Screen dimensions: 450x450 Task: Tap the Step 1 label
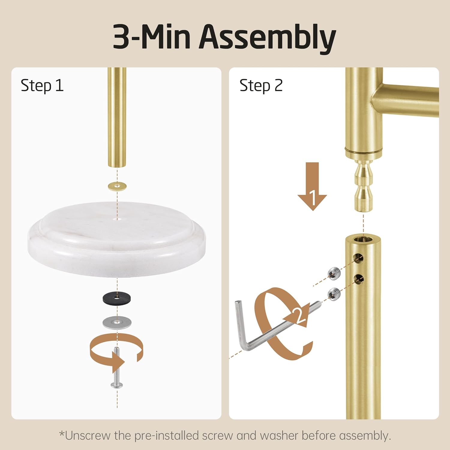coord(42,86)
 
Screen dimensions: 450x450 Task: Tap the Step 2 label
coord(261,86)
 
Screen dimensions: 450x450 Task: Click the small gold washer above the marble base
coord(117,186)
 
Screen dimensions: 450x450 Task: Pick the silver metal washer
coord(117,322)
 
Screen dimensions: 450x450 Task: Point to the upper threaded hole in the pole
coord(358,257)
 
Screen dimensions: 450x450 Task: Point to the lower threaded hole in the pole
coord(358,279)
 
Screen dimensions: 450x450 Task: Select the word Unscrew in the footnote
coord(87,436)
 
